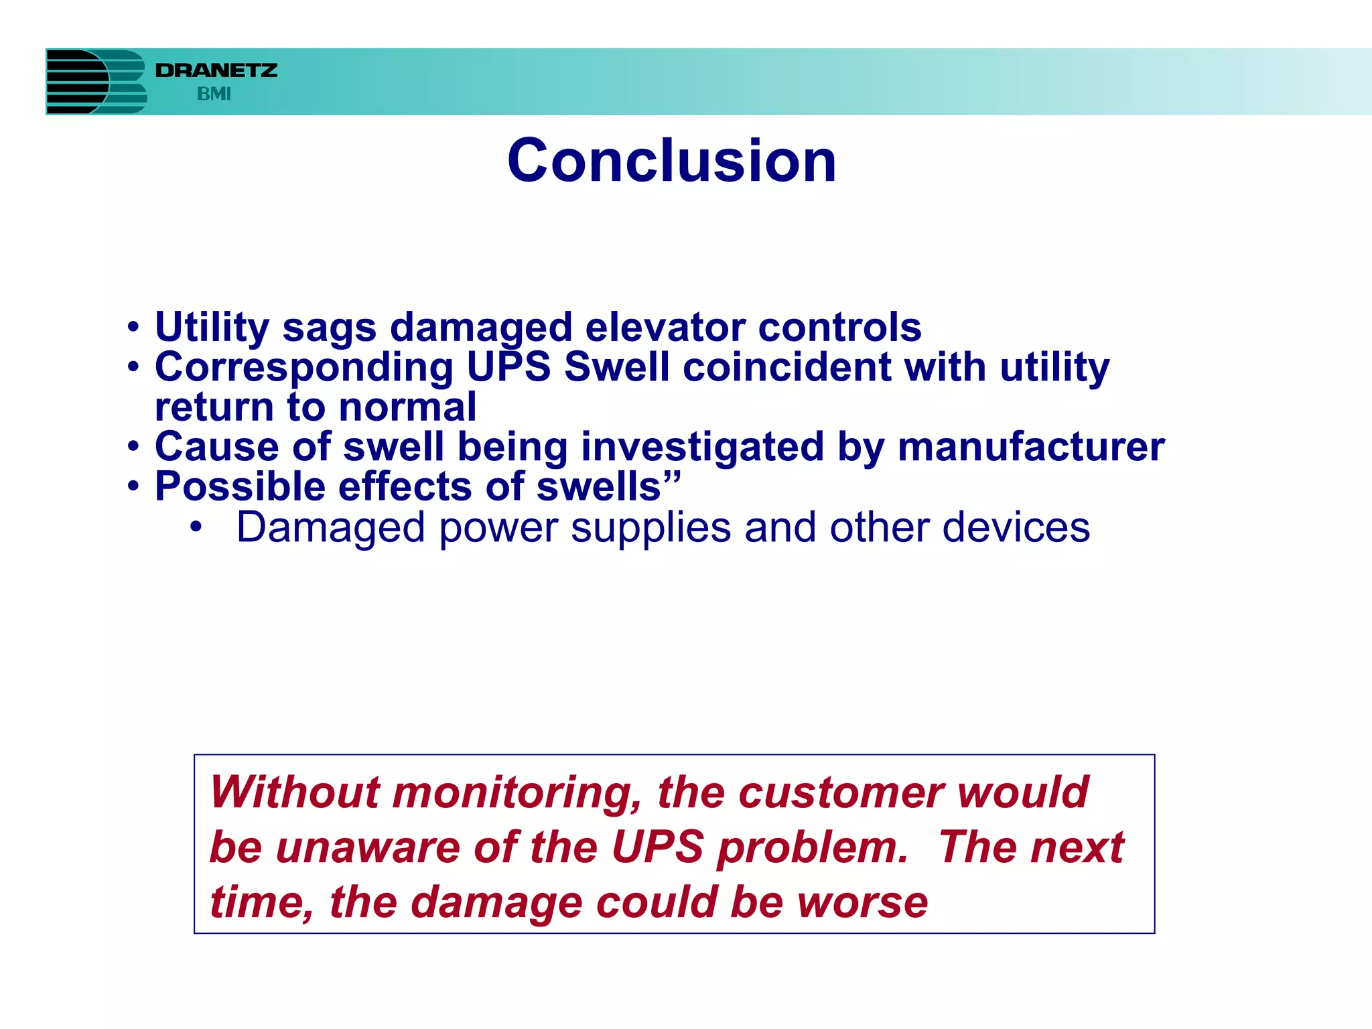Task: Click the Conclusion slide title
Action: [x=671, y=161]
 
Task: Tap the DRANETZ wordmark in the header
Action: [x=216, y=70]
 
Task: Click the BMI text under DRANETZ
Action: [x=214, y=94]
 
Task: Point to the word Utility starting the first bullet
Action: [x=212, y=328]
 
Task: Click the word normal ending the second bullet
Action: [x=407, y=407]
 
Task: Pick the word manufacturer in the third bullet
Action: [x=1030, y=447]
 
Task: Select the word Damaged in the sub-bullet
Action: [x=330, y=528]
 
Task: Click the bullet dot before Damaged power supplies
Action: [x=195, y=527]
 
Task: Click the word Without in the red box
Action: [x=295, y=792]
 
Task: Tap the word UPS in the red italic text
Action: [x=657, y=847]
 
